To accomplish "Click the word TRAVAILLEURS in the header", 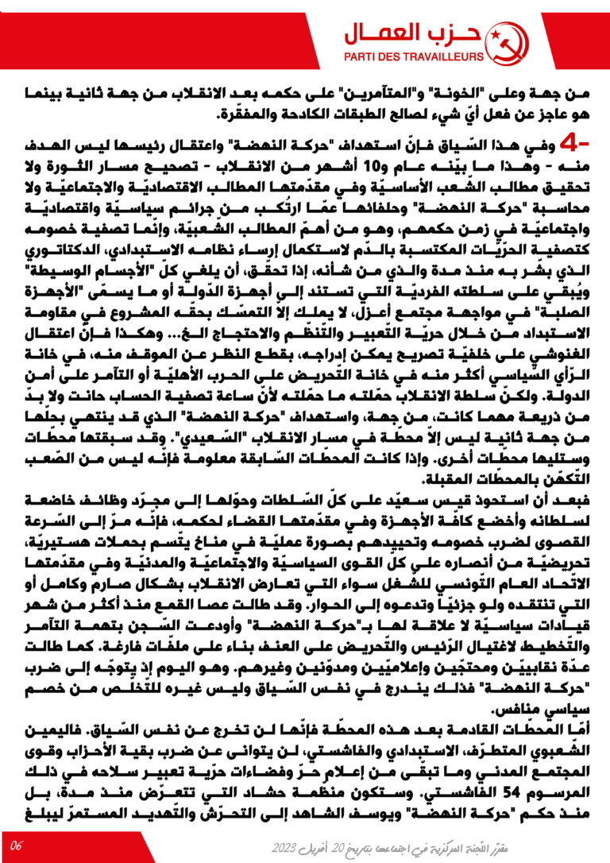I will coord(445,56).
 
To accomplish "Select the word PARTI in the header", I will coord(360,56).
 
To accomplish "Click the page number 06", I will coord(17,843).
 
